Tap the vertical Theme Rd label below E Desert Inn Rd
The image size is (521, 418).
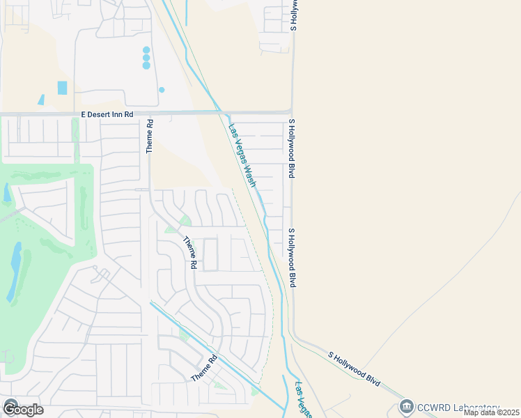149,136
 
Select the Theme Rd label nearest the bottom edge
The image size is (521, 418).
205,368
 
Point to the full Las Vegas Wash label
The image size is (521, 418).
242,156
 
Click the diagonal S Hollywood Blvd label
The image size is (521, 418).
355,369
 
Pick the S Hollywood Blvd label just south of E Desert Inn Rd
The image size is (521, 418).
293,148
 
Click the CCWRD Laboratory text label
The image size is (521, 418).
458,408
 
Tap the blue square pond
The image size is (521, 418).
62,88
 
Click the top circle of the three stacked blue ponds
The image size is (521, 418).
146,50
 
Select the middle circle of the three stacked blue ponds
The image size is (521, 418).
146,58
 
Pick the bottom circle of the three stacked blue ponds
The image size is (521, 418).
146,65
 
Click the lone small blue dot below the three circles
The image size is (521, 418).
162,90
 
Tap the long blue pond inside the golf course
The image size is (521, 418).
14,272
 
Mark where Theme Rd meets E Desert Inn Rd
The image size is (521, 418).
149,113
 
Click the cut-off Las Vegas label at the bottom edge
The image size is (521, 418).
304,400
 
